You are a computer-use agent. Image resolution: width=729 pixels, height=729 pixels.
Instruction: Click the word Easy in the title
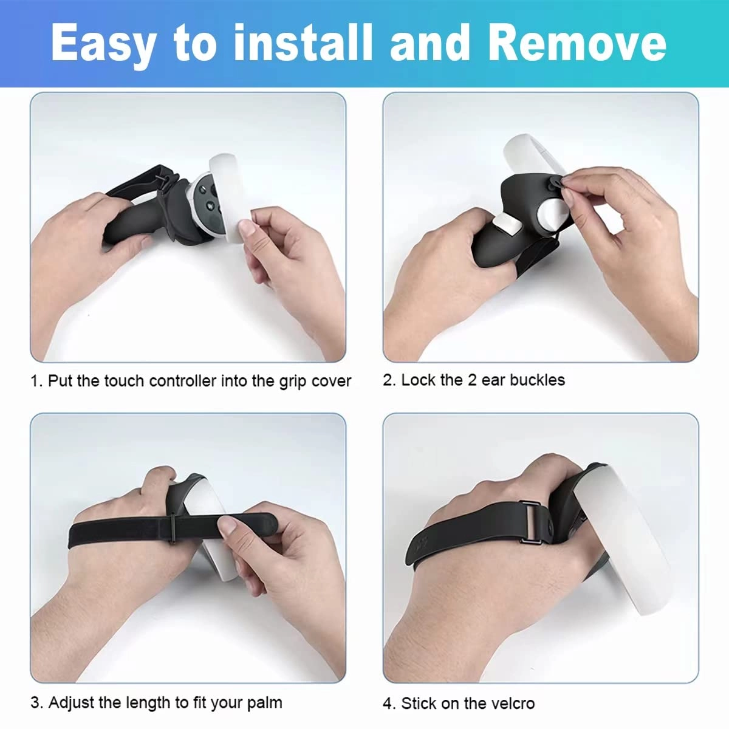click(103, 44)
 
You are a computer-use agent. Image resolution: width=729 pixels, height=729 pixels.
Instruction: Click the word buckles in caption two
click(537, 380)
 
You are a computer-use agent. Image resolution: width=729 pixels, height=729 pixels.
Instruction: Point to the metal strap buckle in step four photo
click(531, 524)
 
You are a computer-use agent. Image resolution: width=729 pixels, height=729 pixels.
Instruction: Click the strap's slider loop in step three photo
click(173, 527)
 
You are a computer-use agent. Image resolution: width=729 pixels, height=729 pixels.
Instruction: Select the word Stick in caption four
click(418, 703)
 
